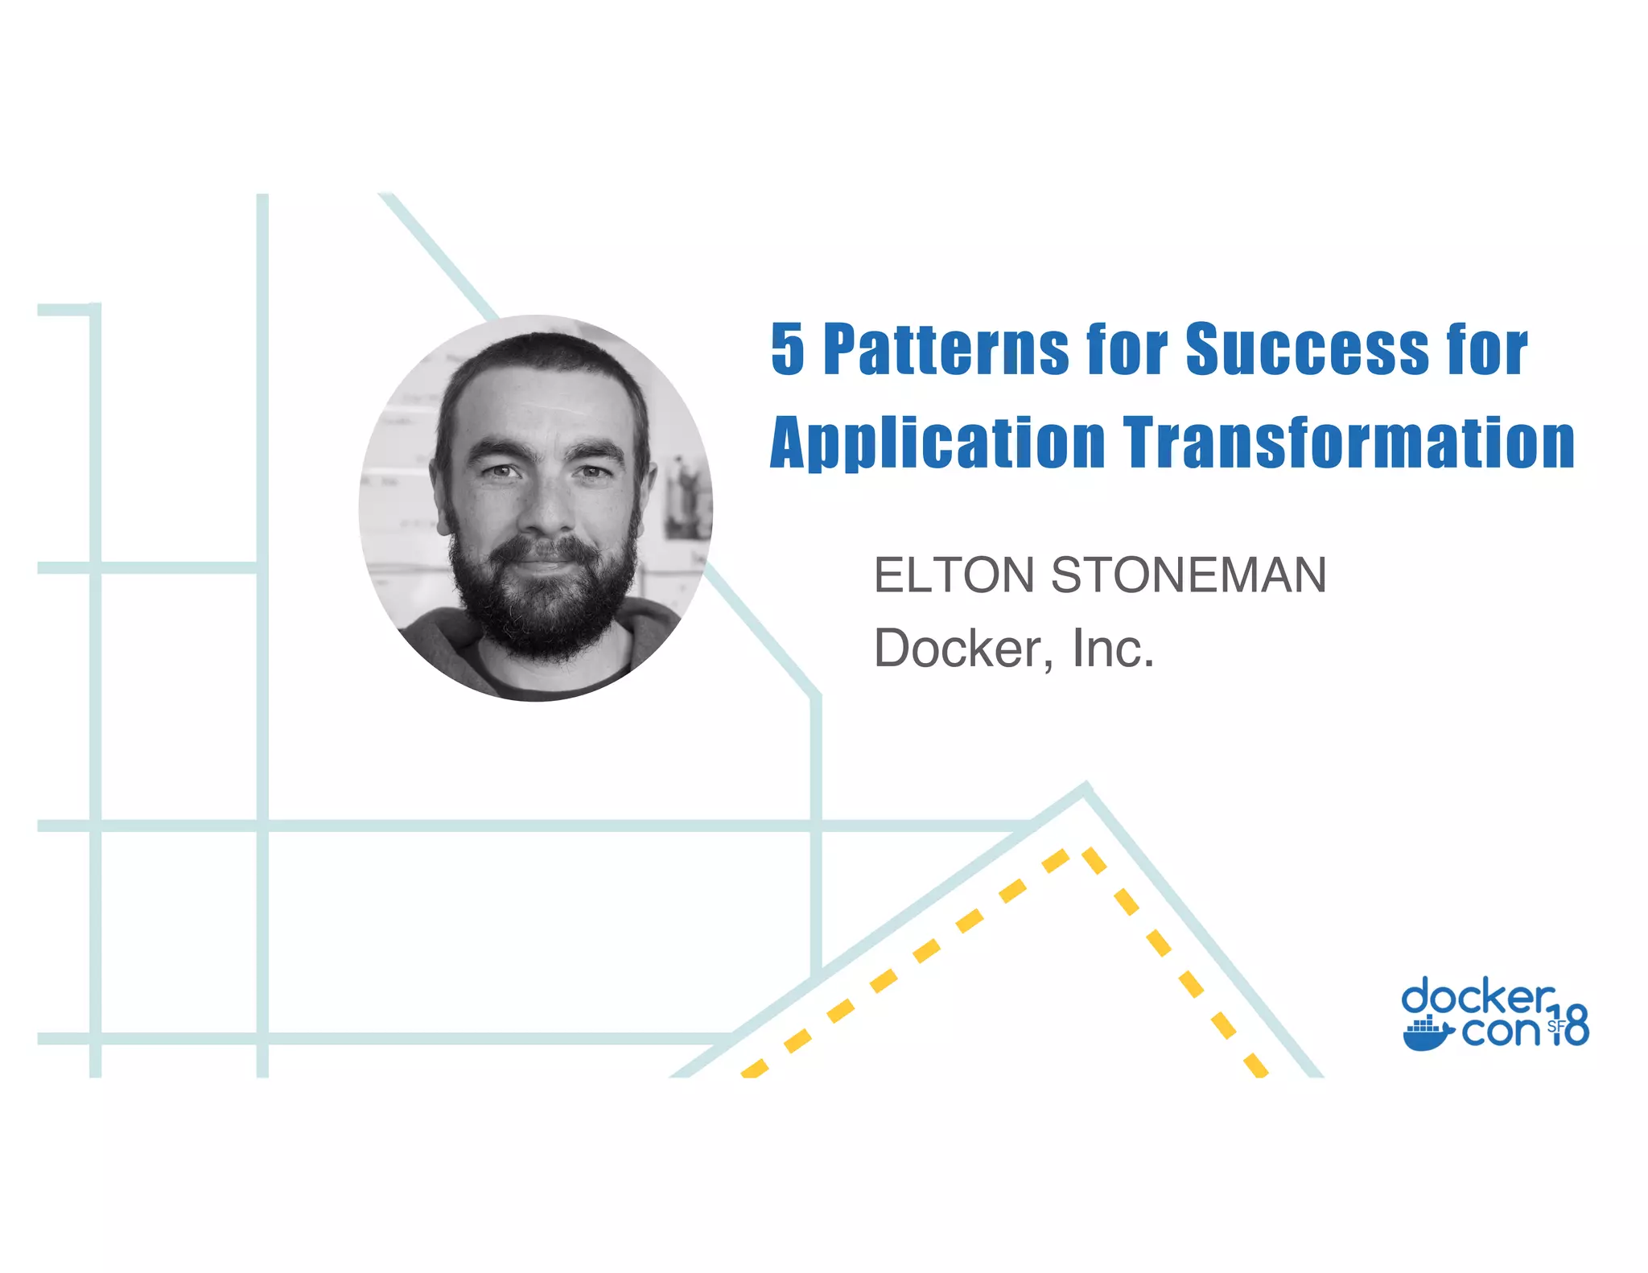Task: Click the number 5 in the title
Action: coord(788,350)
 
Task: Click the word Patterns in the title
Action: coord(946,350)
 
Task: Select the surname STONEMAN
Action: coord(1189,576)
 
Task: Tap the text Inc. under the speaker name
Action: coord(1113,649)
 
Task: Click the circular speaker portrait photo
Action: coord(536,509)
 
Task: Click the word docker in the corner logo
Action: coord(1477,998)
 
